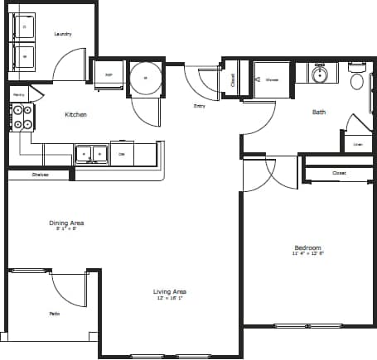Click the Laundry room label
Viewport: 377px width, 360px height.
[x=62, y=34]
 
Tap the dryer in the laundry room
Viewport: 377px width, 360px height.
[x=24, y=57]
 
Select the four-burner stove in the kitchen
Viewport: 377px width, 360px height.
[x=22, y=117]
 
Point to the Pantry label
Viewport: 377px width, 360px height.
[x=18, y=96]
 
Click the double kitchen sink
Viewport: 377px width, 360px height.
[x=91, y=153]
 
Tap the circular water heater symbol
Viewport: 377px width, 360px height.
[x=145, y=77]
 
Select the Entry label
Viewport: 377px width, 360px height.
[x=200, y=106]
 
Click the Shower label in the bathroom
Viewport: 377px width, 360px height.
[x=272, y=80]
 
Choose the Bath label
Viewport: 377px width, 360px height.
[x=319, y=112]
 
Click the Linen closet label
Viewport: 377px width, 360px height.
[x=357, y=145]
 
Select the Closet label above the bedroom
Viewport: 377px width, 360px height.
[x=339, y=173]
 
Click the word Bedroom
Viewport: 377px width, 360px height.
[x=307, y=248]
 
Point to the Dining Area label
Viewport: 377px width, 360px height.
[x=65, y=223]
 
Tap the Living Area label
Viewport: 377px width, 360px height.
[x=169, y=291]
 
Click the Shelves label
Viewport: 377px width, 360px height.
[x=40, y=175]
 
